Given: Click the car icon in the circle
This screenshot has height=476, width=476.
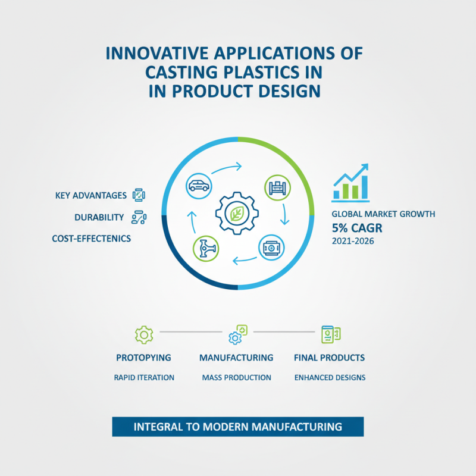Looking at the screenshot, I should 198,185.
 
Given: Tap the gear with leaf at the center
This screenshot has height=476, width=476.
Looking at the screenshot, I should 237,212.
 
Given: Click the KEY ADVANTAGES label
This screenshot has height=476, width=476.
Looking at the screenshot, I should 90,195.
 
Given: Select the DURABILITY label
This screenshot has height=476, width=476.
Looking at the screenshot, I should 99,217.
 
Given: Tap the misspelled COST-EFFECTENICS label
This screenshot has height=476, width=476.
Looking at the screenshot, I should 92,239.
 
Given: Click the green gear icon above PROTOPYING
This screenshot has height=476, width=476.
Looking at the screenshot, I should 144,334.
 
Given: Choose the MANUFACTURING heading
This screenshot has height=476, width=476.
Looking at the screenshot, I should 236,358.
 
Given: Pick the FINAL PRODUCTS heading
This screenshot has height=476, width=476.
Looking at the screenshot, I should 330,358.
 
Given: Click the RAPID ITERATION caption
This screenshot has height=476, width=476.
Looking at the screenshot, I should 144,377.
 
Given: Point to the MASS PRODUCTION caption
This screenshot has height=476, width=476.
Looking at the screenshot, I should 236,377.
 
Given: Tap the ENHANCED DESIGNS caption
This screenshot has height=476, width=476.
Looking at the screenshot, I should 330,377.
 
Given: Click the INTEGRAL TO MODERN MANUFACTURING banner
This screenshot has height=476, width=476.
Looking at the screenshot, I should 237,427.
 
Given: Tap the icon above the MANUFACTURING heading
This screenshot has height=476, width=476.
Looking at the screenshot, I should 237,334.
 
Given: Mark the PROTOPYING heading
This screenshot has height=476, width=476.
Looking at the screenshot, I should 144,358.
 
